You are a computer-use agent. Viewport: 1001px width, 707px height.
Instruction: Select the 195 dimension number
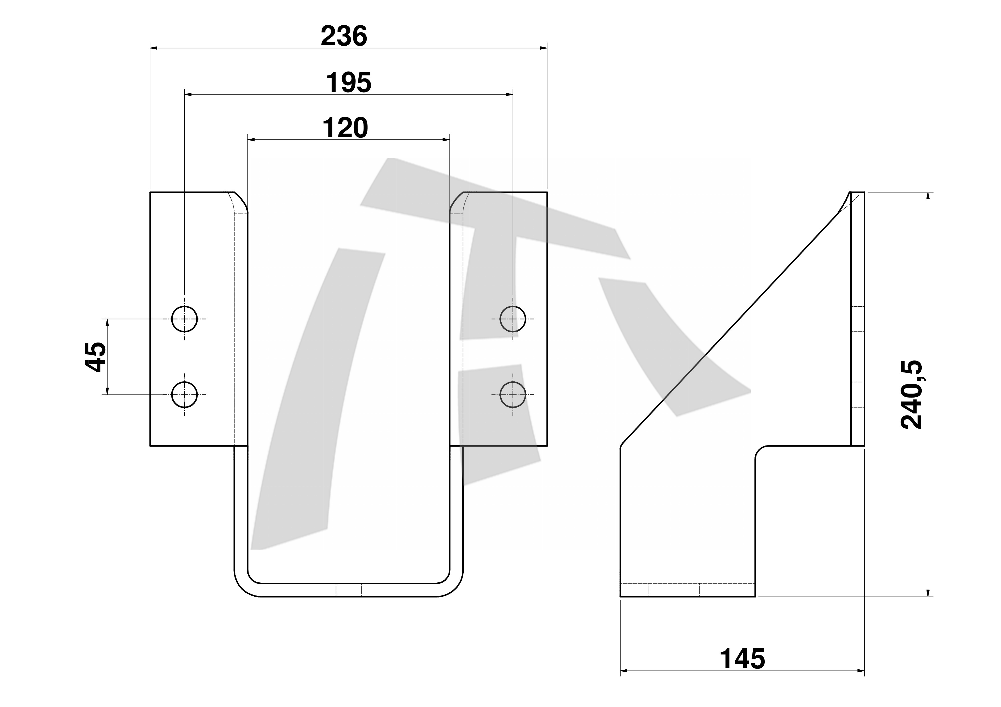point(348,83)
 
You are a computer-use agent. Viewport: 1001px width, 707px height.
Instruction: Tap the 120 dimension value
point(345,128)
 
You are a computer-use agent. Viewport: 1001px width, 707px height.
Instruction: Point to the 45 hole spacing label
point(95,357)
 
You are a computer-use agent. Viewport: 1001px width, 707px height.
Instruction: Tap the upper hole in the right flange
point(513,319)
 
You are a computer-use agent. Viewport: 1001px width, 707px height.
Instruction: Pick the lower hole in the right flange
point(513,395)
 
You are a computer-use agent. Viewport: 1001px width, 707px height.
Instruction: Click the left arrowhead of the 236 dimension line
point(154,48)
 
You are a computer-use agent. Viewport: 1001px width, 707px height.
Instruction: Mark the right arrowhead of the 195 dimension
point(509,94)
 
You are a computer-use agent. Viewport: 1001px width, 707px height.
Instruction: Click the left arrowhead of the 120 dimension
point(252,140)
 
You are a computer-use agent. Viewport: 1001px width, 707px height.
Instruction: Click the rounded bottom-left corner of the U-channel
point(242,589)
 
